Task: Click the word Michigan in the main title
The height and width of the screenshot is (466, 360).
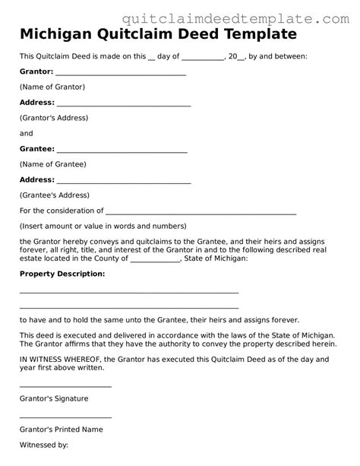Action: [52, 34]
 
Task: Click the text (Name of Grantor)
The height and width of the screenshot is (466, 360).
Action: [52, 87]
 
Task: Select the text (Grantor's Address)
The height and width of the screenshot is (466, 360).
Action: [54, 118]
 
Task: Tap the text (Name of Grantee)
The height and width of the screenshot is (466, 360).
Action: [52, 164]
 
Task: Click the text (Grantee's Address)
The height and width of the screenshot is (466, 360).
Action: [55, 195]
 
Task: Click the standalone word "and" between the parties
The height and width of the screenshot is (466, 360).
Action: [27, 133]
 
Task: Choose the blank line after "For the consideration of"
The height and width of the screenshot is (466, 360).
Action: [201, 213]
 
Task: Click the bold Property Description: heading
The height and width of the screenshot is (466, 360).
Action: [62, 273]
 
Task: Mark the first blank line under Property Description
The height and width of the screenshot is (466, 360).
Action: [129, 292]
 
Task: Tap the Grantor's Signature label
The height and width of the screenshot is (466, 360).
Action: [54, 398]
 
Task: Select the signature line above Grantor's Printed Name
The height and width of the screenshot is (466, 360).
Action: [65, 417]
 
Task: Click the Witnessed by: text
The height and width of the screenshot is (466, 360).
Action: [44, 445]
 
